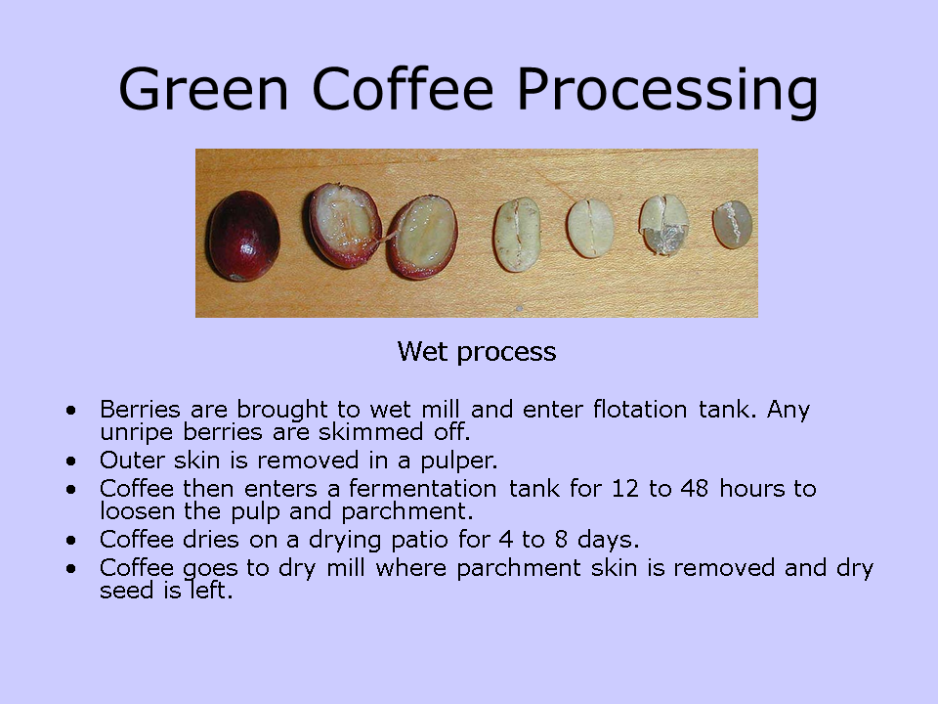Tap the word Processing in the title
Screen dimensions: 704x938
667,90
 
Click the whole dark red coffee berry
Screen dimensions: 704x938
242,236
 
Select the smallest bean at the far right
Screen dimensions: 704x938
732,225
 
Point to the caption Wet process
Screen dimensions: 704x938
477,352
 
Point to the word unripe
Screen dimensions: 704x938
132,430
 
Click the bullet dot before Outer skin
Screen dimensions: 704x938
71,459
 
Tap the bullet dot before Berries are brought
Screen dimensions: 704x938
71,409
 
